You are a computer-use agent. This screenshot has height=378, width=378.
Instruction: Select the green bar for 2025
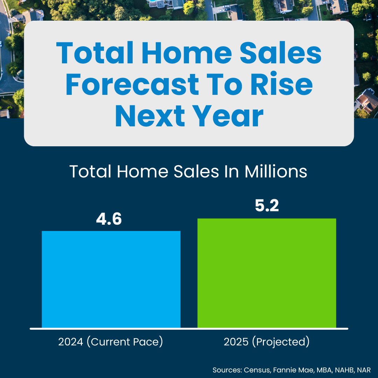point(267,273)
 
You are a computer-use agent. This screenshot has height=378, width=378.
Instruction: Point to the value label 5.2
point(267,206)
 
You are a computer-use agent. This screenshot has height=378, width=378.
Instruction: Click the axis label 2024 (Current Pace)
point(111,342)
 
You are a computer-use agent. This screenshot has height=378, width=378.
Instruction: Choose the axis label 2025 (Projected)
point(267,342)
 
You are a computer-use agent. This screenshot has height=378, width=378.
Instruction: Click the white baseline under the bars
point(189,329)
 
